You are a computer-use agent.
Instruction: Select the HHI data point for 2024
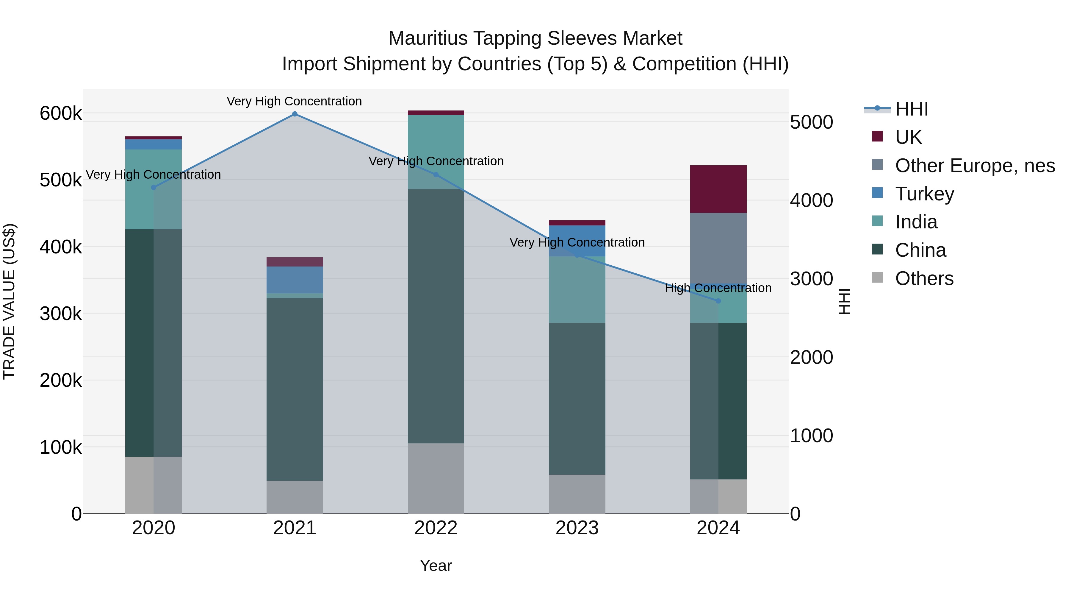[x=718, y=301]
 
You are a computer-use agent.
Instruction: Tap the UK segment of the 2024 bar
[x=718, y=189]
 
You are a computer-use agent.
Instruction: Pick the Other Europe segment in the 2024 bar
[x=718, y=248]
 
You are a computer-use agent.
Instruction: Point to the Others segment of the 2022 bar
[x=436, y=479]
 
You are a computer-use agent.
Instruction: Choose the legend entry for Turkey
[x=924, y=194]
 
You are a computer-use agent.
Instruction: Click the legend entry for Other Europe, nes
[x=975, y=166]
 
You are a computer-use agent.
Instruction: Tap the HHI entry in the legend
[x=911, y=109]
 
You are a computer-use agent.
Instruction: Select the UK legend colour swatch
[x=877, y=136]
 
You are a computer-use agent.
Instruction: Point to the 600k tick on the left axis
[x=61, y=113]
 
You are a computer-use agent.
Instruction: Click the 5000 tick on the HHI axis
[x=811, y=122]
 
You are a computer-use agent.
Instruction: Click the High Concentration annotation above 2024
[x=718, y=288]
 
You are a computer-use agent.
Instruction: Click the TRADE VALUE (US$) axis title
[x=9, y=301]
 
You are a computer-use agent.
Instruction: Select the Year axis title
[x=436, y=565]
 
